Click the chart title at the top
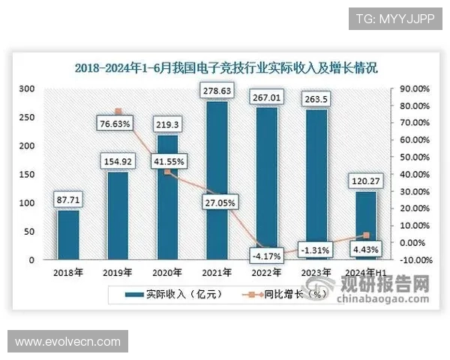pyautogui.click(x=226, y=67)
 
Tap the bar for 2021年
pyautogui.click(x=217, y=181)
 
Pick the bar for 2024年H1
pyautogui.click(x=365, y=226)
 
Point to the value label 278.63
pyautogui.click(x=217, y=91)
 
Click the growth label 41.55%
pyautogui.click(x=167, y=160)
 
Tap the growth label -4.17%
pyautogui.click(x=266, y=256)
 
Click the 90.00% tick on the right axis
pyautogui.click(x=413, y=88)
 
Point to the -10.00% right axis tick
pyautogui.click(x=413, y=260)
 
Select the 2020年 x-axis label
pyautogui.click(x=167, y=272)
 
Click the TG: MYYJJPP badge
pyautogui.click(x=394, y=18)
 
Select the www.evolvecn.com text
pyautogui.click(x=67, y=341)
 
